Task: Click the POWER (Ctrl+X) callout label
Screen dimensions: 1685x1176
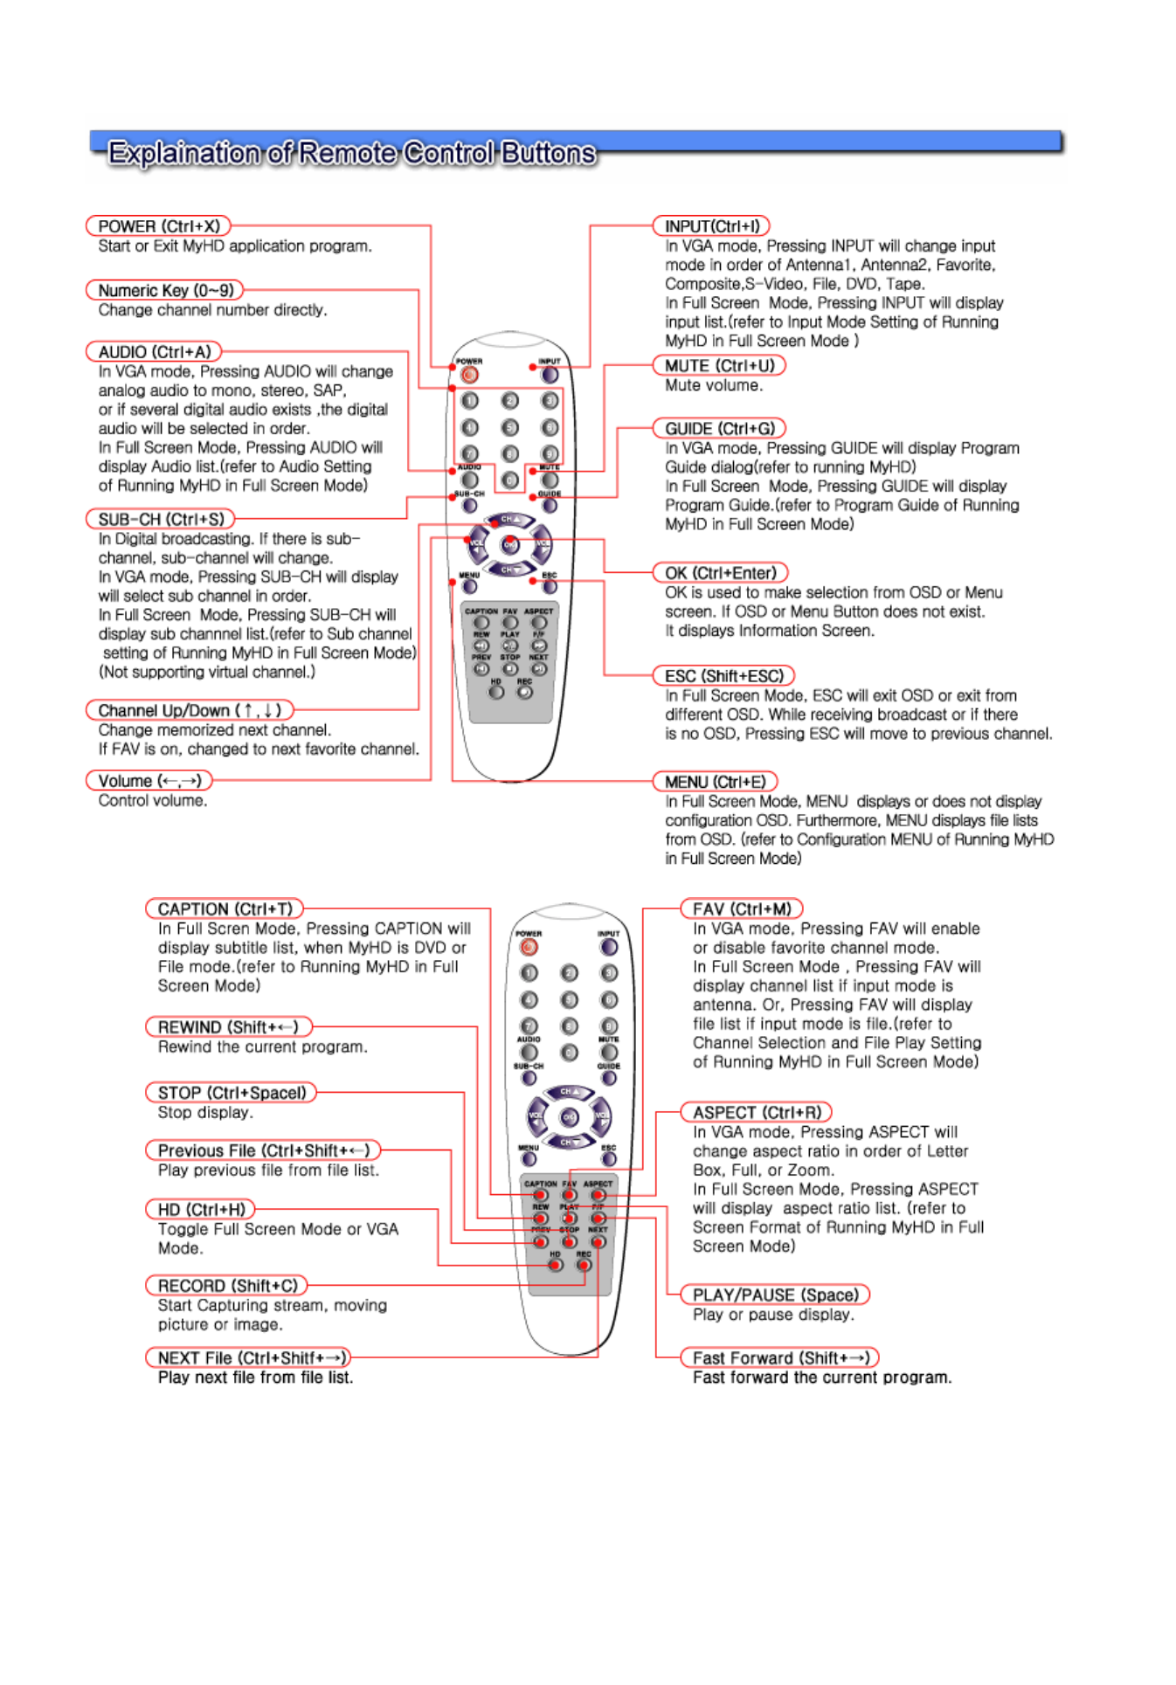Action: coord(158,226)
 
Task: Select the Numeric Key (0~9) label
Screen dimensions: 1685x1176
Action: coord(165,290)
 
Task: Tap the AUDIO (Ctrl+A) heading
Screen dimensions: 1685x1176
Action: coord(154,352)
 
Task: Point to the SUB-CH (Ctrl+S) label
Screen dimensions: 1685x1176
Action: coord(161,519)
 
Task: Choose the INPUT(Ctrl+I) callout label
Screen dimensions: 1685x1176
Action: coord(711,226)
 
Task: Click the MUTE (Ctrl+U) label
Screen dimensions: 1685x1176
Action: coord(719,366)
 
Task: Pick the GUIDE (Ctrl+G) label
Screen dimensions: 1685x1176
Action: coord(719,429)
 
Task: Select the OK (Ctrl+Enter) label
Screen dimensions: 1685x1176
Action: coord(720,573)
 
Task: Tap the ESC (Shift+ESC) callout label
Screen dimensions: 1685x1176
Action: coord(723,676)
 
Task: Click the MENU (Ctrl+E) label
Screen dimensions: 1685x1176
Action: coord(715,782)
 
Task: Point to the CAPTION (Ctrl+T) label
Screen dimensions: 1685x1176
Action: coord(225,909)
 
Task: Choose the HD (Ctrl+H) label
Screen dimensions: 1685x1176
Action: coord(201,1210)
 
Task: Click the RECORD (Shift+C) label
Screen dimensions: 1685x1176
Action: coord(227,1286)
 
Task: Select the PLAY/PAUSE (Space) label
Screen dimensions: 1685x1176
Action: coord(775,1295)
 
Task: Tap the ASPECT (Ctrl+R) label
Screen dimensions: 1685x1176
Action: coord(757,1113)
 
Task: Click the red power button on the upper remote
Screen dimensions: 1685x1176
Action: coord(469,376)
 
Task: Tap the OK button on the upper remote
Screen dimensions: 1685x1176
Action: coord(509,545)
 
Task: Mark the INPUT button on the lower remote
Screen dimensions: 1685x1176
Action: coord(609,947)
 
